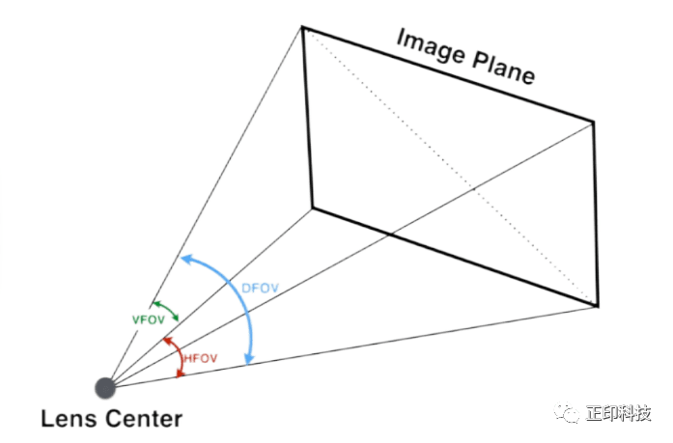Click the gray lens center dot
(x=105, y=388)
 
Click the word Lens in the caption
(x=69, y=419)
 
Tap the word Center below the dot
(x=143, y=419)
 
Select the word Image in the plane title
(x=431, y=48)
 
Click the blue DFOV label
(x=260, y=289)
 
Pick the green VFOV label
(x=148, y=319)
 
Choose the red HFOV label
(x=201, y=358)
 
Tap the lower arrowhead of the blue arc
(x=249, y=359)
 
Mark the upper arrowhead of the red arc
(x=167, y=341)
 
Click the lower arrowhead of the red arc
(x=181, y=374)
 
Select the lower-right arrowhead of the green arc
(x=175, y=318)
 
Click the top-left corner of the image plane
(x=302, y=27)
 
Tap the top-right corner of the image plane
(x=594, y=122)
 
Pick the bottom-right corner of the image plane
(x=597, y=306)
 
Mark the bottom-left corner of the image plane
(x=313, y=208)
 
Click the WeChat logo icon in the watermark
(x=567, y=412)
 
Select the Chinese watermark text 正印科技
(x=619, y=413)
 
